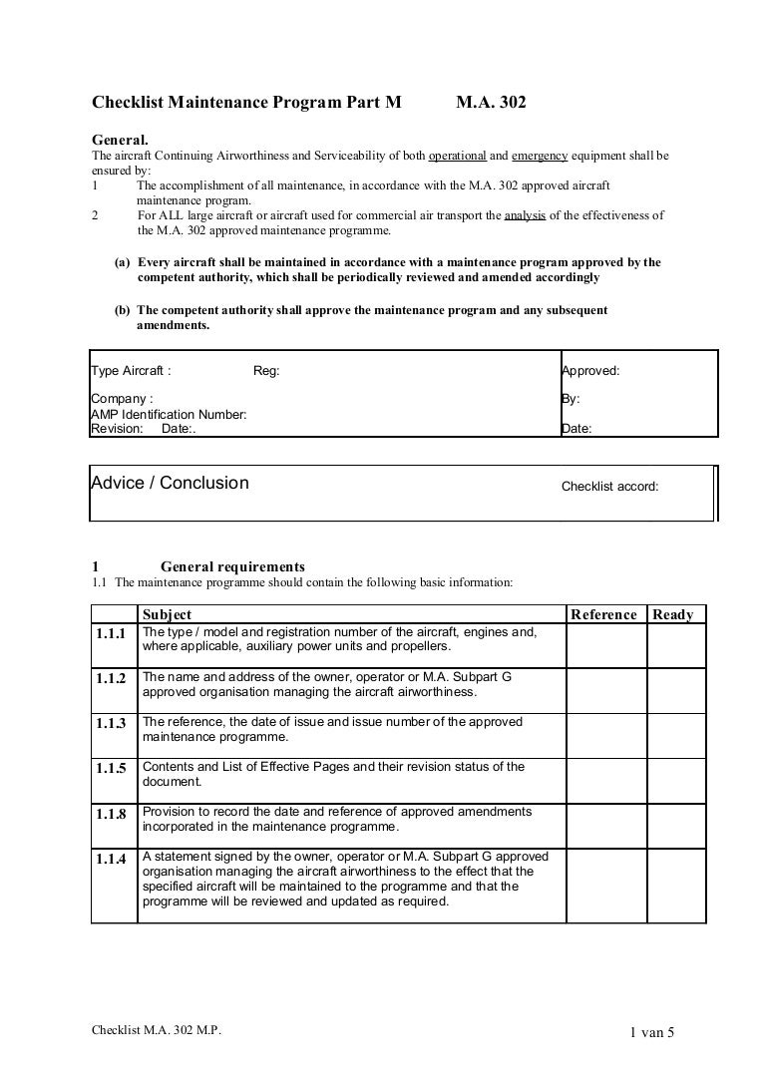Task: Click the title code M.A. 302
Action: coord(491,102)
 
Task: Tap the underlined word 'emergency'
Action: coord(540,157)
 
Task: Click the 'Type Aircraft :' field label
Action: coord(131,371)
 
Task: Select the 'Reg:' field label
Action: coord(267,371)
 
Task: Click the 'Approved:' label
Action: coord(590,371)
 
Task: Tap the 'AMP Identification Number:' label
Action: coord(169,414)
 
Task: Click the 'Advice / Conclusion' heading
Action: coord(170,484)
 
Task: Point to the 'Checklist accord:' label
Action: coord(609,488)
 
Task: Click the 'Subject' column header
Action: coord(168,614)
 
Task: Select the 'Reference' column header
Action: coord(603,614)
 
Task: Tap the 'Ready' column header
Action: coord(673,614)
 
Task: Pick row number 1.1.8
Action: coord(112,815)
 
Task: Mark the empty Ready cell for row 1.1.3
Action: coord(676,736)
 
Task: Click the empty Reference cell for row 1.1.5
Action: coord(605,780)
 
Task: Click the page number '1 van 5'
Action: coord(652,1033)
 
